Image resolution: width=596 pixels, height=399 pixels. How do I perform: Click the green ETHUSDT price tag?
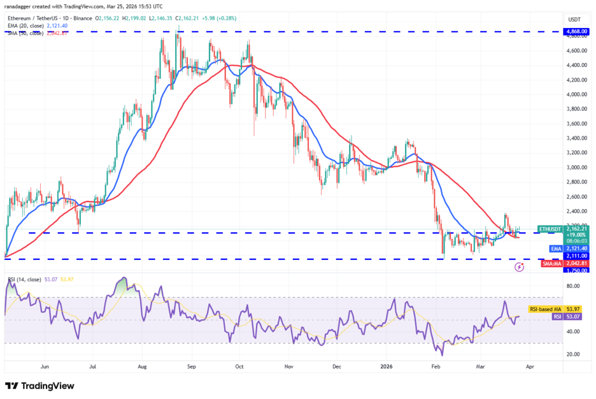550,229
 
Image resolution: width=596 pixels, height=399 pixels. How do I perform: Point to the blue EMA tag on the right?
556,248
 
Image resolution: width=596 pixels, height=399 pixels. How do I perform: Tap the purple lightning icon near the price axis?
519,267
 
